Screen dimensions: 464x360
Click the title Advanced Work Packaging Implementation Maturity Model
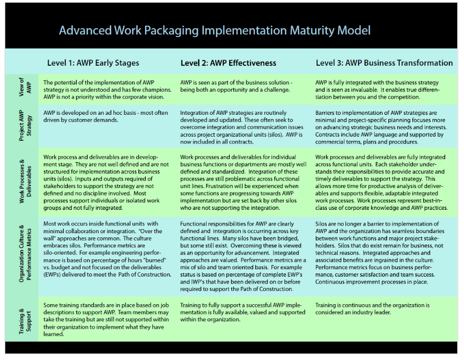215,30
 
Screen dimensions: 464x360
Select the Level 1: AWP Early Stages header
93,63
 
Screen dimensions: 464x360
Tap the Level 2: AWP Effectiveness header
228,63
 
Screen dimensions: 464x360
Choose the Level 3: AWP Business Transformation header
384,63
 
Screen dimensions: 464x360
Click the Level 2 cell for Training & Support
243,312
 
